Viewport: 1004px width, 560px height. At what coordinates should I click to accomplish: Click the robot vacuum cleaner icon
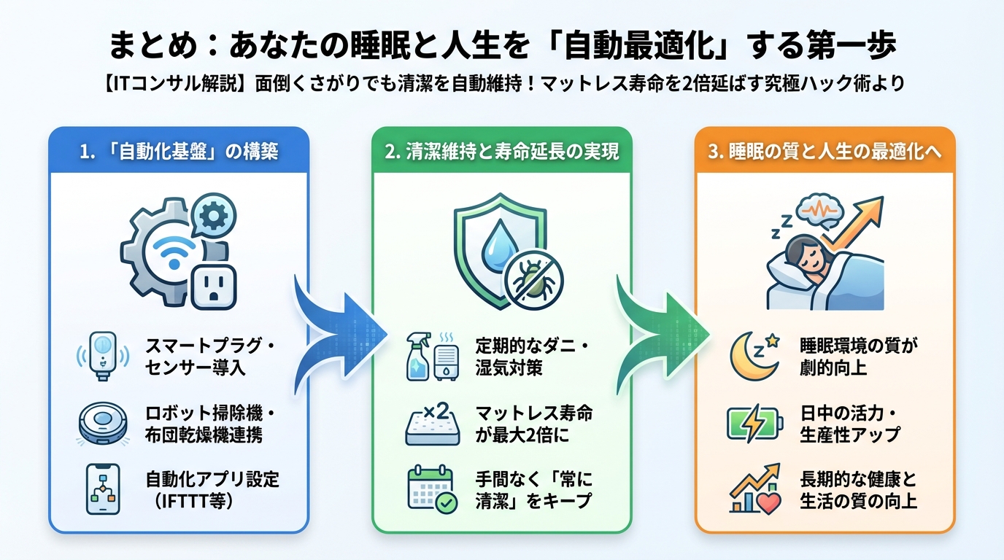(103, 424)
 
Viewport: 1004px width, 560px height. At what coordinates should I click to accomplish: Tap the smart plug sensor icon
(103, 355)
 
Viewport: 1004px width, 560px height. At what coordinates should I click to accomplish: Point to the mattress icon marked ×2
(432, 424)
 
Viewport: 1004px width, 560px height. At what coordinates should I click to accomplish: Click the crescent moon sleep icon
(754, 355)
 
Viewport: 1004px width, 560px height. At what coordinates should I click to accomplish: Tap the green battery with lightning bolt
(755, 424)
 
